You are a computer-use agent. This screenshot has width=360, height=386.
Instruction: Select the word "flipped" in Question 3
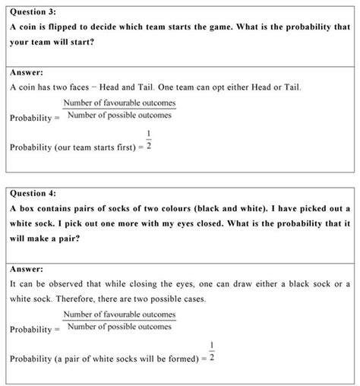pyautogui.click(x=66, y=27)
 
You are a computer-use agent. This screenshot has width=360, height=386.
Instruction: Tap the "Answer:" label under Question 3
pyautogui.click(x=27, y=73)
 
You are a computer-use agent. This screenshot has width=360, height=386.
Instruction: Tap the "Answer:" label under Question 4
pyautogui.click(x=27, y=269)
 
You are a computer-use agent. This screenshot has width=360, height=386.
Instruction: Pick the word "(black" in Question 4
pyautogui.click(x=210, y=207)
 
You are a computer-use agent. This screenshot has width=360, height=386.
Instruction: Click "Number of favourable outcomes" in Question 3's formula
pyautogui.click(x=119, y=103)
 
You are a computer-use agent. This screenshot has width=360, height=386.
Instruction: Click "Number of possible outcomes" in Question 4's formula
pyautogui.click(x=119, y=327)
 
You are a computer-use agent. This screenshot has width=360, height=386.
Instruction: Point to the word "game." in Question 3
pyautogui.click(x=215, y=27)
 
